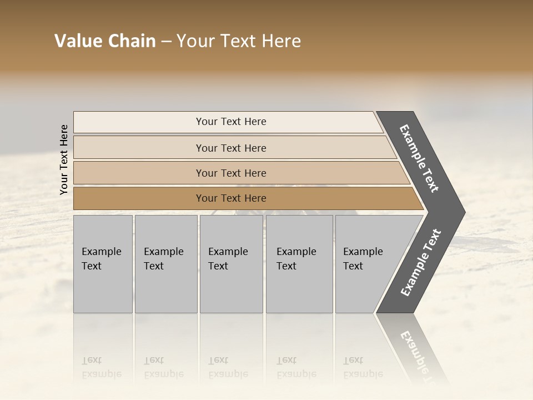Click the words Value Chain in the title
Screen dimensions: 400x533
(x=105, y=41)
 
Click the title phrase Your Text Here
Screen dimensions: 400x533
(x=239, y=41)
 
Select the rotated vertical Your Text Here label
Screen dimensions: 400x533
(x=64, y=159)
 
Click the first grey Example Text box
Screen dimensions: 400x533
(x=103, y=264)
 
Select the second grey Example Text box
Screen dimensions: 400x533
(x=166, y=264)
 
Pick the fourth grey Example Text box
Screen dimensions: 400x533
(x=299, y=264)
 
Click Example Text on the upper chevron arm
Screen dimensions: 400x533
(x=419, y=158)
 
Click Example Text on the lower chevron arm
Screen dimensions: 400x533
(x=421, y=262)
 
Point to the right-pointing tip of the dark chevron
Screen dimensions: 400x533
(x=464, y=212)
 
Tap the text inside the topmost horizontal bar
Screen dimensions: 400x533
(x=231, y=122)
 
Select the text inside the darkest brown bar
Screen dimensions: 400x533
(x=231, y=198)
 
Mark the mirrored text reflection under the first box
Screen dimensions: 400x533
(x=102, y=367)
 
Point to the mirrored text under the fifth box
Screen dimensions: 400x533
(x=363, y=367)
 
